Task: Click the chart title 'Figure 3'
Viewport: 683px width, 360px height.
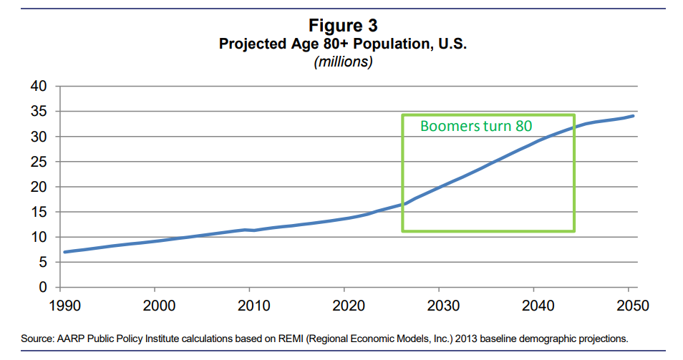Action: [x=342, y=25]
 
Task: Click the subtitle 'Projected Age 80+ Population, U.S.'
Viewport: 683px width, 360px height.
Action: [x=342, y=44]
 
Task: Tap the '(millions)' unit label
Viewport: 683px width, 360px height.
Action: [x=343, y=62]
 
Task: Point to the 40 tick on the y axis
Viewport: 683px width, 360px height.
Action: [x=38, y=87]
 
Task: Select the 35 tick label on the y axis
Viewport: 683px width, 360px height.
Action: [x=38, y=112]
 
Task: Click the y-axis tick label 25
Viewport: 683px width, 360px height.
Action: [x=38, y=162]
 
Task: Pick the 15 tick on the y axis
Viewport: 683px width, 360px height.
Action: [x=38, y=212]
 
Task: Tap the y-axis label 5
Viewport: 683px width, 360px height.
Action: [x=42, y=263]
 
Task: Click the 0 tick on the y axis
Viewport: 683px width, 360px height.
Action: [x=42, y=288]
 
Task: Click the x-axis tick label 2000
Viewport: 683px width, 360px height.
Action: [x=155, y=306]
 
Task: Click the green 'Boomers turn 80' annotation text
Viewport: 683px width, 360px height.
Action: [x=476, y=127]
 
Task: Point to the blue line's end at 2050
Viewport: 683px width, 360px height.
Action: [x=633, y=116]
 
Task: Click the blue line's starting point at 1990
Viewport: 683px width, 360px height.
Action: [x=65, y=252]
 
